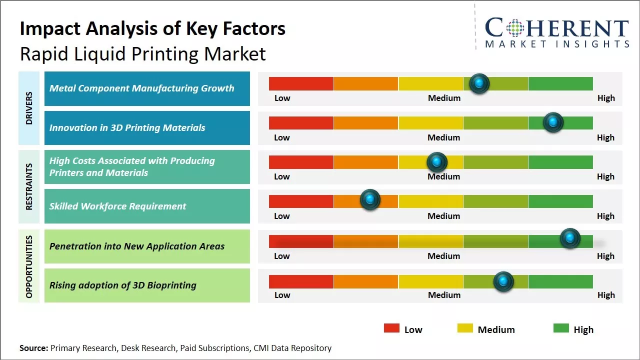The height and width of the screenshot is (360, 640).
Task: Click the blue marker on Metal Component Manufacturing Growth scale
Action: [x=479, y=83]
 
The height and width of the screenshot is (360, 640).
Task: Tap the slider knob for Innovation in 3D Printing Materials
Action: [x=553, y=122]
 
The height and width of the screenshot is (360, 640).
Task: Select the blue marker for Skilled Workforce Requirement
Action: [x=370, y=200]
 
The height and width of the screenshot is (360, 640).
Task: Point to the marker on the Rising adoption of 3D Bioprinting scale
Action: [x=503, y=281]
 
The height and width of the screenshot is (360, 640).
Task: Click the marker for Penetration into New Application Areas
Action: [x=569, y=238]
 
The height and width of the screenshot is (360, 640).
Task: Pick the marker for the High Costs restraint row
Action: [x=437, y=161]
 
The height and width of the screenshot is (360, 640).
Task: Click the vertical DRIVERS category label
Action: [x=29, y=108]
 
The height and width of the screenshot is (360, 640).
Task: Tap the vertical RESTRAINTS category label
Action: [x=29, y=186]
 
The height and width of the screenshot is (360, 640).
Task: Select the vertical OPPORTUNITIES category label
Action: [x=29, y=266]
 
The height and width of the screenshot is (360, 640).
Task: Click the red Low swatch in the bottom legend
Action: [x=391, y=328]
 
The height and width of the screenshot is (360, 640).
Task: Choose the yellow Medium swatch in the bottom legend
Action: [x=465, y=328]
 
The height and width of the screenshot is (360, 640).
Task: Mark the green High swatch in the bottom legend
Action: [x=561, y=328]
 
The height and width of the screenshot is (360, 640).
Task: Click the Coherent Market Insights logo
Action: [x=557, y=32]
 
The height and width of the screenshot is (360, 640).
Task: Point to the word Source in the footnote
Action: [x=33, y=348]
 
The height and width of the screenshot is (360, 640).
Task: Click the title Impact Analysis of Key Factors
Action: [x=152, y=29]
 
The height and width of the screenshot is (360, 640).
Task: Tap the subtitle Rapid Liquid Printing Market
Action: [x=143, y=54]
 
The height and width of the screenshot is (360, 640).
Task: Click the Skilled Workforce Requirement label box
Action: [x=147, y=206]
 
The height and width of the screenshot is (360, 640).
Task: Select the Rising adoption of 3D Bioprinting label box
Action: [x=147, y=285]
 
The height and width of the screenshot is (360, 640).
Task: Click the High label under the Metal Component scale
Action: [x=606, y=98]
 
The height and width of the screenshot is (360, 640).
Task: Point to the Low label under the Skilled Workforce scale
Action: [x=282, y=216]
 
